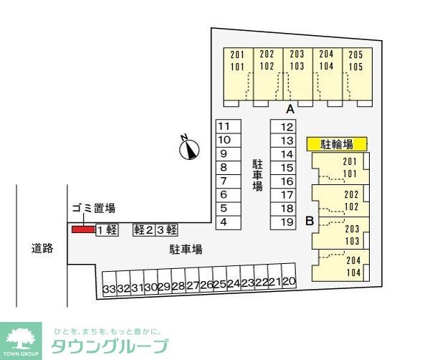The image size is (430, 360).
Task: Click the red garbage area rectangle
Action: click(82, 229)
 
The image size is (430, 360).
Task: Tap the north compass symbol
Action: click(189, 148)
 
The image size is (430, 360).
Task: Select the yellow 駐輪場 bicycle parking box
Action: click(337, 144)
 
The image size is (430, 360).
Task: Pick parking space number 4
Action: click(224, 222)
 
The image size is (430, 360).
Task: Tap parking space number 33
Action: click(109, 288)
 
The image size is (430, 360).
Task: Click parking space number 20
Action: click(290, 283)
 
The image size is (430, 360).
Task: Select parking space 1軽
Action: click(106, 229)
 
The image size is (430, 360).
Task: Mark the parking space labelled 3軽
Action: click(167, 229)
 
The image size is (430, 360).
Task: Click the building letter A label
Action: click(290, 110)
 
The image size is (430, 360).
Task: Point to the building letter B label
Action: click(310, 221)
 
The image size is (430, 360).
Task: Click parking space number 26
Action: click(206, 285)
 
